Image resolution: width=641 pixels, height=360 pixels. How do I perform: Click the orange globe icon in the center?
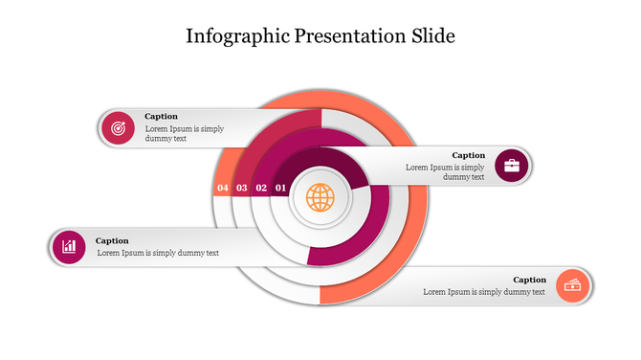point(320,198)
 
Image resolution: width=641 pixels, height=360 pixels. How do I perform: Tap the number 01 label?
point(280,189)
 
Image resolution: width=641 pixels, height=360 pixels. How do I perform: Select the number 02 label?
point(261,189)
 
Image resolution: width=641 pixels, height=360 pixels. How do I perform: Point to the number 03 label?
point(242,189)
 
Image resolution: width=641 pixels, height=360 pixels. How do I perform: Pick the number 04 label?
point(223,189)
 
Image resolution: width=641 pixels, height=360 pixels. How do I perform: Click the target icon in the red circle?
point(118,127)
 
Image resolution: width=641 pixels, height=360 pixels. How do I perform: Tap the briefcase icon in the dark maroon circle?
point(512,166)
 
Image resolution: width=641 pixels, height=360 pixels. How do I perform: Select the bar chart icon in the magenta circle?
point(69,247)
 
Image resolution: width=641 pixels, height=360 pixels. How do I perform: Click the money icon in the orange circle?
point(573,285)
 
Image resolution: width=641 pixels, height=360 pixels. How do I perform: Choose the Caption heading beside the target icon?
point(161,117)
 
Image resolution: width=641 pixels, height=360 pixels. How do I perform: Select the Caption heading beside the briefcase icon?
point(469,155)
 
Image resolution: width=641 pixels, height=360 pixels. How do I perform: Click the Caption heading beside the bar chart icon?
point(112,240)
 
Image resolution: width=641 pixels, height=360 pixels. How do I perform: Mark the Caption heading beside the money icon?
point(530,280)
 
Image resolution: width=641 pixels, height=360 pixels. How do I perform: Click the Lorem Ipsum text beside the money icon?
point(484,292)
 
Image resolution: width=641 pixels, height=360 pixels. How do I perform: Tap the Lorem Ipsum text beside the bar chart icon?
point(158,253)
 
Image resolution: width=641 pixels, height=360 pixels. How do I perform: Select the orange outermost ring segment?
point(407,239)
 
